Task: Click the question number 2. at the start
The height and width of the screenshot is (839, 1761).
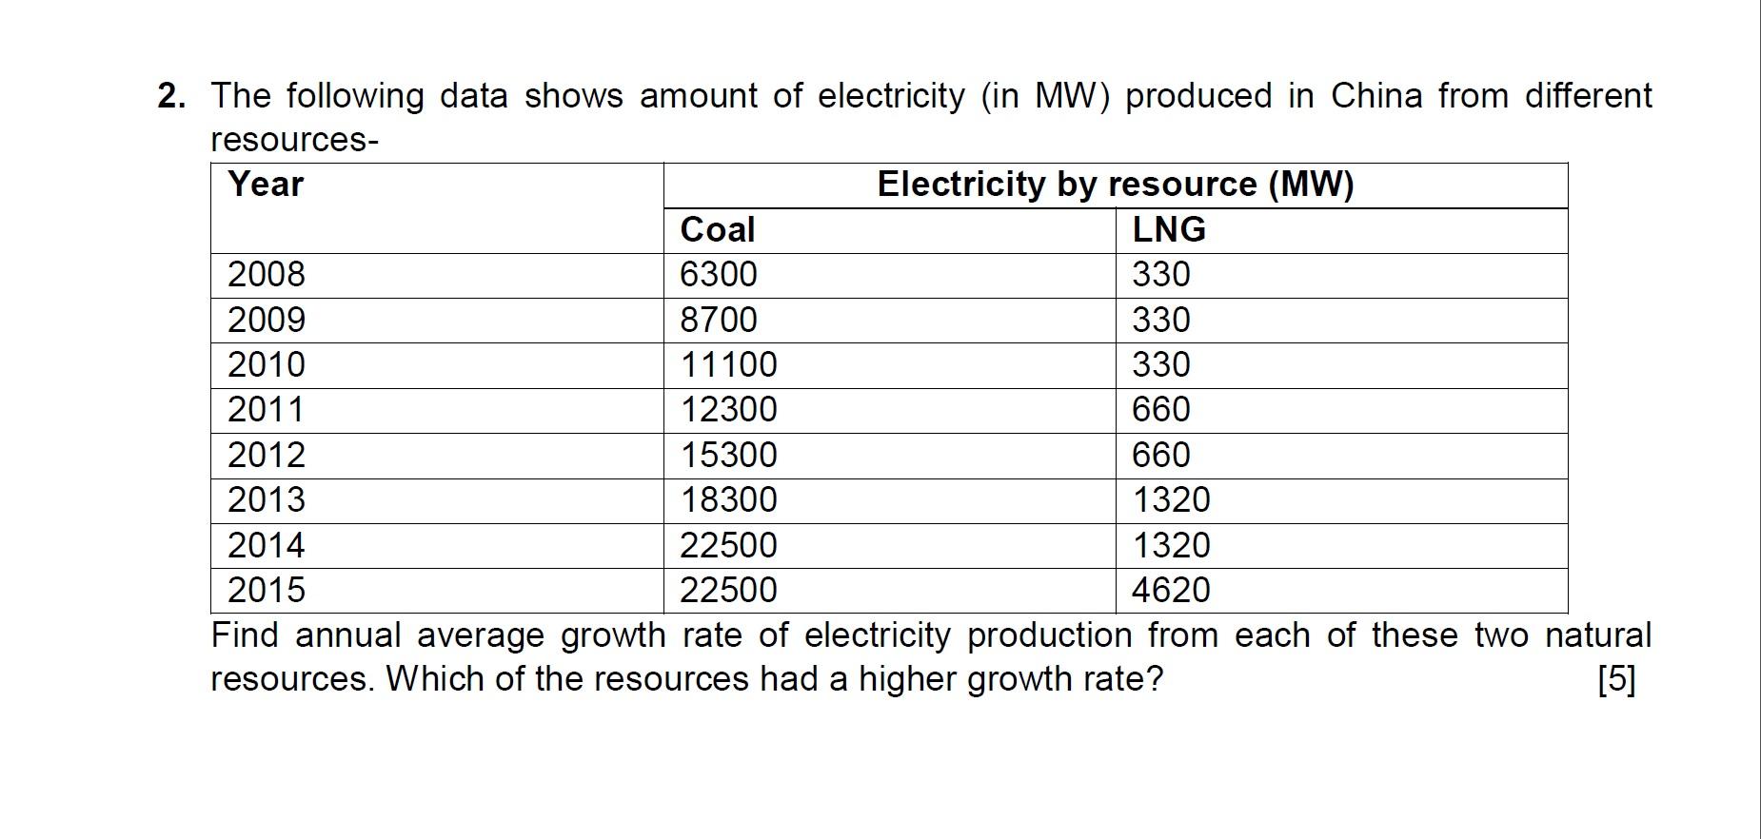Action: coord(171,96)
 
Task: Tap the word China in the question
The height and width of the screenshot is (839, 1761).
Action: coord(1375,96)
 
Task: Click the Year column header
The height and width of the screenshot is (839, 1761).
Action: coord(266,184)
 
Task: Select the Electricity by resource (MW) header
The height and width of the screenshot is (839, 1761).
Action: coord(1115,184)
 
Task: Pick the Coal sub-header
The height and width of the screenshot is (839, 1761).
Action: coord(717,229)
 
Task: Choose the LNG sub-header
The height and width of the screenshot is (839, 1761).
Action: coord(1168,229)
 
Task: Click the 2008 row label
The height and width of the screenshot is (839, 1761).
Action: coord(266,275)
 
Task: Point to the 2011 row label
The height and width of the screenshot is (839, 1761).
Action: coord(266,410)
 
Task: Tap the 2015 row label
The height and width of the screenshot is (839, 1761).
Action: coord(266,591)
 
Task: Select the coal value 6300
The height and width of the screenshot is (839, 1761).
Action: coord(718,275)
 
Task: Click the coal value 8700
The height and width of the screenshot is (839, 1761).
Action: coord(718,320)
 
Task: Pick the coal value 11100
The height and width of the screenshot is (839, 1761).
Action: coord(727,365)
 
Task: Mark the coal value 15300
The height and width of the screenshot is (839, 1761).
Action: coord(727,456)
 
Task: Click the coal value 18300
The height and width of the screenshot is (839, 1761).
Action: coord(727,500)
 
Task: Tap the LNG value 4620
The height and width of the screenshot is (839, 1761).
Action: coord(1170,591)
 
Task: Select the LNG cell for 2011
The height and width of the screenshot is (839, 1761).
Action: coord(1160,410)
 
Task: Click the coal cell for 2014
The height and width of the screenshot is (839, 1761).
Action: coord(727,546)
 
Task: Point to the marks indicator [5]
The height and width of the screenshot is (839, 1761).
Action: coord(1616,679)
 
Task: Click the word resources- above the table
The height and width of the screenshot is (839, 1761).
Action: coord(294,140)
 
